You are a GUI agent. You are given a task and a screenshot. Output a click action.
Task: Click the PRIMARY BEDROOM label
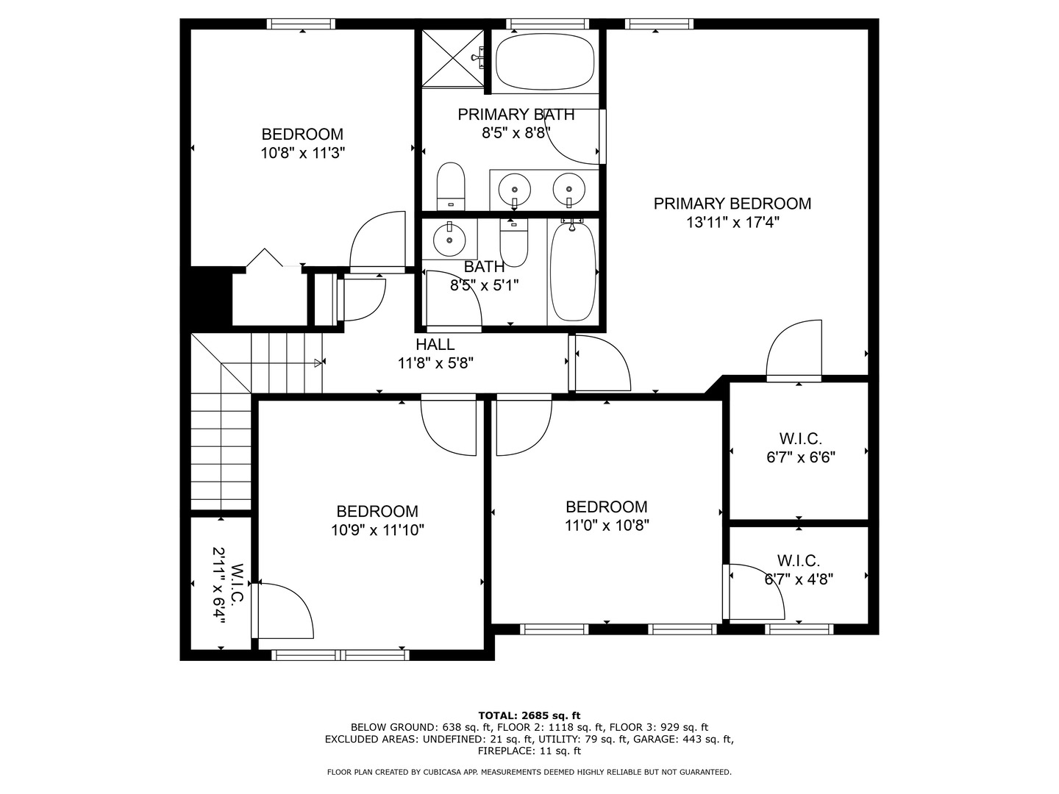732,204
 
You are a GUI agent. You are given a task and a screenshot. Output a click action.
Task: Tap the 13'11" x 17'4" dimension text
732,223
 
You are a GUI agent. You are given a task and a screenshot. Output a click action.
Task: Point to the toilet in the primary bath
452,187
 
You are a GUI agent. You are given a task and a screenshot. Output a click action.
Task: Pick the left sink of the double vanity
514,189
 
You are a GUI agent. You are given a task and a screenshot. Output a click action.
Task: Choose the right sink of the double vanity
568,189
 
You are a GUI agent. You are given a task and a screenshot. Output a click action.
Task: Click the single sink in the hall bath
449,238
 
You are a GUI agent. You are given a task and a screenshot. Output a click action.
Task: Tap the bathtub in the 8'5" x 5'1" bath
574,272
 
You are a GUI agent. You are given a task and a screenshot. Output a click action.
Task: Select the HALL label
435,344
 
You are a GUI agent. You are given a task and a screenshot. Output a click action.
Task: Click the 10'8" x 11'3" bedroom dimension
302,153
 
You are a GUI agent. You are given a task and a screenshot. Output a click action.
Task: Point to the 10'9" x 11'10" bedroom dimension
377,530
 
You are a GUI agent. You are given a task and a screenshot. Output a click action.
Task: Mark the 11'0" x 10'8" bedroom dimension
607,526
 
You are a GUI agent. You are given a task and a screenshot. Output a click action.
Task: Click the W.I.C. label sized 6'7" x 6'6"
800,439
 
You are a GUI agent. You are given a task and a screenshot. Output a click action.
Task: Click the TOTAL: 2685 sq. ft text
529,715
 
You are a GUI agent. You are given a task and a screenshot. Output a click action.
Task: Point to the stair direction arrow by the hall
318,362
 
